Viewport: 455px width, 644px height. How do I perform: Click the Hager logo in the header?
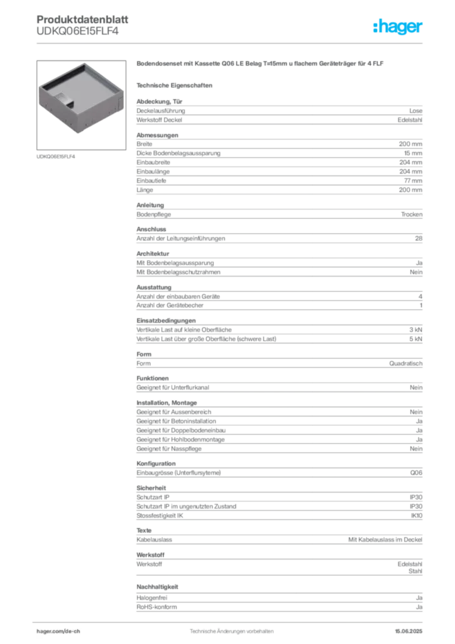[x=397, y=26]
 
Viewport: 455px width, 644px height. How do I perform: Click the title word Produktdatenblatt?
[x=82, y=19]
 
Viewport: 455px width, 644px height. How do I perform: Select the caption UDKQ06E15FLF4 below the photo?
[x=56, y=157]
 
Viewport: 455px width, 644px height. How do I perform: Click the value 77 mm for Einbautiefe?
[x=413, y=180]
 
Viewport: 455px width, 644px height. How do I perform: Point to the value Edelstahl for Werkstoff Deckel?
[x=410, y=120]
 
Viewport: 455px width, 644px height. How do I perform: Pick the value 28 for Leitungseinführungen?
[x=419, y=238]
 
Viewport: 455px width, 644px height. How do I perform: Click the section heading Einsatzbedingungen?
[x=166, y=320]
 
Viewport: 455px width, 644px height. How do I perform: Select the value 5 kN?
[x=415, y=339]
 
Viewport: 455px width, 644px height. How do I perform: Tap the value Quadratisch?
[x=406, y=364]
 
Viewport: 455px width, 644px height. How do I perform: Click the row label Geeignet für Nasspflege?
[x=169, y=449]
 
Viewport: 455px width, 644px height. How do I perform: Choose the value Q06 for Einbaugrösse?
[x=416, y=473]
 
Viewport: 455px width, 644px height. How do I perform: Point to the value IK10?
[x=417, y=516]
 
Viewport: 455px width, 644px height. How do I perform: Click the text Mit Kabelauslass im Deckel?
[x=385, y=540]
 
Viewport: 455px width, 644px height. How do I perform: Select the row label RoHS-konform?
[x=156, y=607]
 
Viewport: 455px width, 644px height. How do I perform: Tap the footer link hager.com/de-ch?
[x=58, y=631]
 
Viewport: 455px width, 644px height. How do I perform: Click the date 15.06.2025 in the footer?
[x=408, y=631]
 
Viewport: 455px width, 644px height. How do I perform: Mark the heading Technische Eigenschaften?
[x=174, y=86]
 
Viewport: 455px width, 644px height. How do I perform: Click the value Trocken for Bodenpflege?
[x=412, y=214]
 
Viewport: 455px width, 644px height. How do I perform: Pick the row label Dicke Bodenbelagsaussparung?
[x=178, y=153]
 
